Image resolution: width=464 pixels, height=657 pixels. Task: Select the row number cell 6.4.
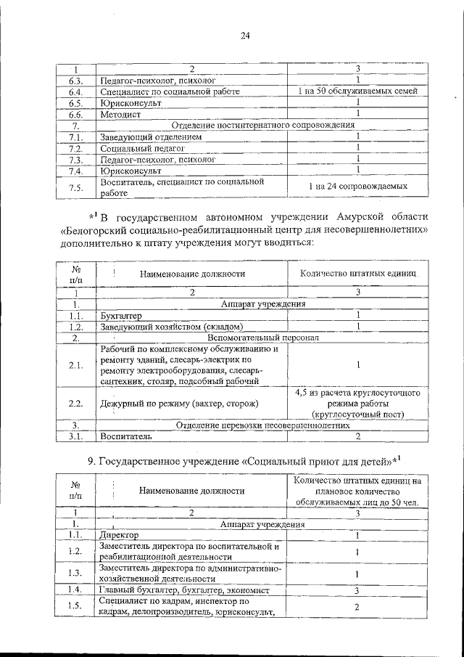[x=75, y=92]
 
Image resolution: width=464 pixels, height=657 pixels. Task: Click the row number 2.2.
[x=75, y=402]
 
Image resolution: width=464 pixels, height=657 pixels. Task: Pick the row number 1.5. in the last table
[x=75, y=607]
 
